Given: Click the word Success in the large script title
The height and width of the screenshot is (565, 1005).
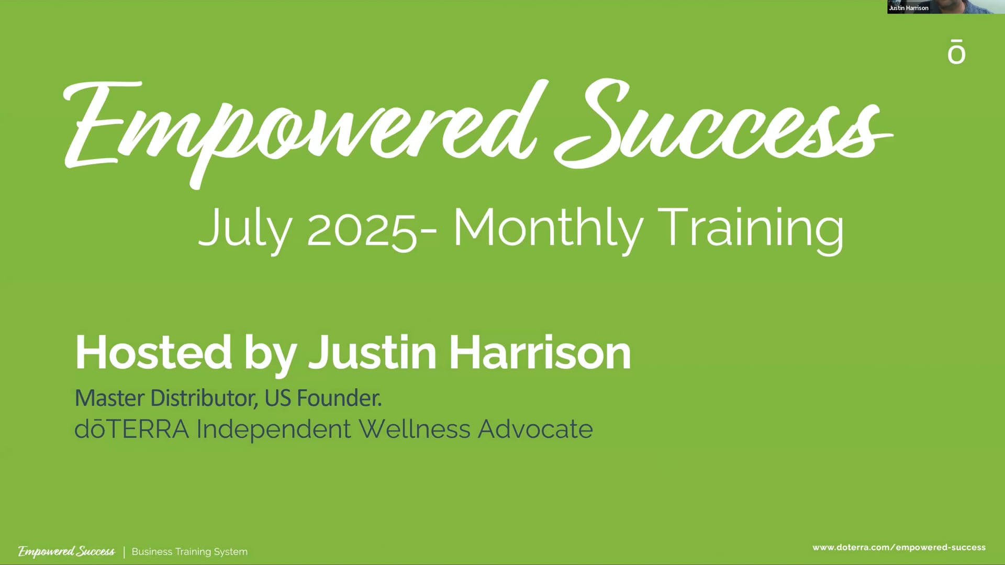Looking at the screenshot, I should click(x=722, y=126).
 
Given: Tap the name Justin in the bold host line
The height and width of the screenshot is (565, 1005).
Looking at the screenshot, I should click(x=372, y=353).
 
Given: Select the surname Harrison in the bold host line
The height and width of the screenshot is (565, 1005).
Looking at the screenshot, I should click(x=540, y=353).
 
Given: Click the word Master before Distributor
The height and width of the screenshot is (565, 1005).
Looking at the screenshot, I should click(x=109, y=399).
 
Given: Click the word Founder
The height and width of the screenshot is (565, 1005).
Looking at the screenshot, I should click(x=339, y=399).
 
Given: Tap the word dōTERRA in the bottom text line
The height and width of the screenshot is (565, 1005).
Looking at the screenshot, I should click(x=131, y=430).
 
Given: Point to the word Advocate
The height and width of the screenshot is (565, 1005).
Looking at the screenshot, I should click(x=535, y=430).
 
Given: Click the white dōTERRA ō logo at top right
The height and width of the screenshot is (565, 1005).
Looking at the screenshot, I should click(x=956, y=52).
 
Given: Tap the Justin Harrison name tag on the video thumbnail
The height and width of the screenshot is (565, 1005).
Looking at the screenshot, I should click(x=909, y=8).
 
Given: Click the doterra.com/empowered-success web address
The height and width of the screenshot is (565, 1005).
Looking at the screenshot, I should click(x=899, y=548).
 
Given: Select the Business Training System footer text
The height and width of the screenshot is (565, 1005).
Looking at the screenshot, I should click(x=189, y=552).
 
